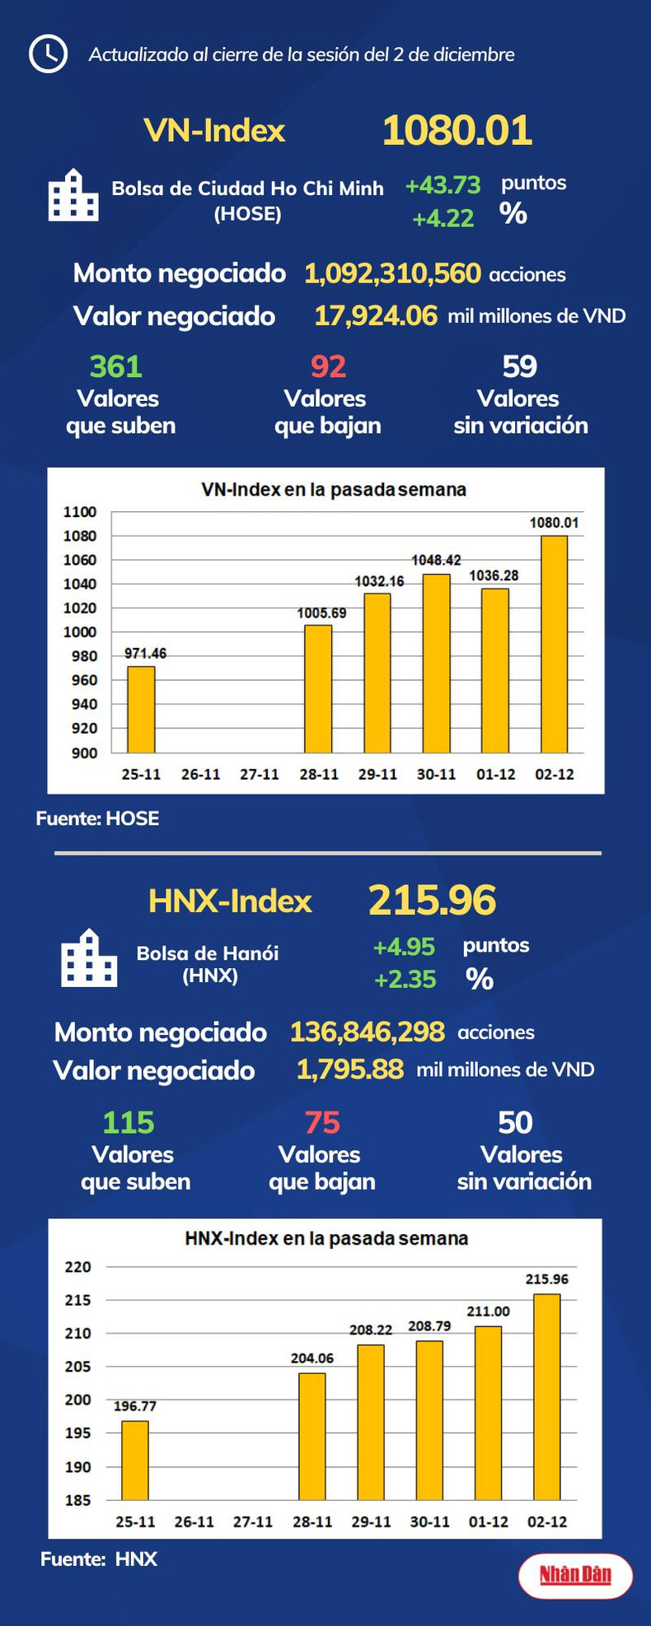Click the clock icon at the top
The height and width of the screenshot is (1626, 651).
click(x=48, y=54)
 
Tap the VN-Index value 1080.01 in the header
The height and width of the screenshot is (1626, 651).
click(x=457, y=130)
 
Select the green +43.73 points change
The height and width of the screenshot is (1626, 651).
click(x=443, y=185)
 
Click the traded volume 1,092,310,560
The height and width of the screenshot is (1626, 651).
click(x=392, y=273)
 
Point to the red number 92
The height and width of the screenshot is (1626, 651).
click(x=328, y=366)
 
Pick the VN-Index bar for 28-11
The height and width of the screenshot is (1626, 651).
click(x=318, y=689)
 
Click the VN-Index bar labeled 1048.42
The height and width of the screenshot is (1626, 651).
click(x=436, y=664)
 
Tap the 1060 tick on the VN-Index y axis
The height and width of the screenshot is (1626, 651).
click(x=80, y=560)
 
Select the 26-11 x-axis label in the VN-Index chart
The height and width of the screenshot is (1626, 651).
click(x=200, y=774)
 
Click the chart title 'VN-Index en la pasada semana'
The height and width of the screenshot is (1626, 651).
click(x=334, y=490)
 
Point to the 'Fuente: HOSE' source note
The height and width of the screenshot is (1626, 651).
click(x=97, y=818)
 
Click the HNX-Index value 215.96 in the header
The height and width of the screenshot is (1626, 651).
click(x=432, y=900)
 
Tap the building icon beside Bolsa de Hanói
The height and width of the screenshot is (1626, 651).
click(x=89, y=958)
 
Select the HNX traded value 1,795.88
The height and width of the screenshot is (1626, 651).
click(x=349, y=1069)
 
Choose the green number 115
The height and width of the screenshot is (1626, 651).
click(x=129, y=1122)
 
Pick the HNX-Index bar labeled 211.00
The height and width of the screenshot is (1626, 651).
click(x=488, y=1412)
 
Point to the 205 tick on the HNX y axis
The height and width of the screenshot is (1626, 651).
click(x=78, y=1367)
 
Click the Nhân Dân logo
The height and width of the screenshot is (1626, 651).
click(x=575, y=1574)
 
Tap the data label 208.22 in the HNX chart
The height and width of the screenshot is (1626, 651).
click(x=371, y=1330)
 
